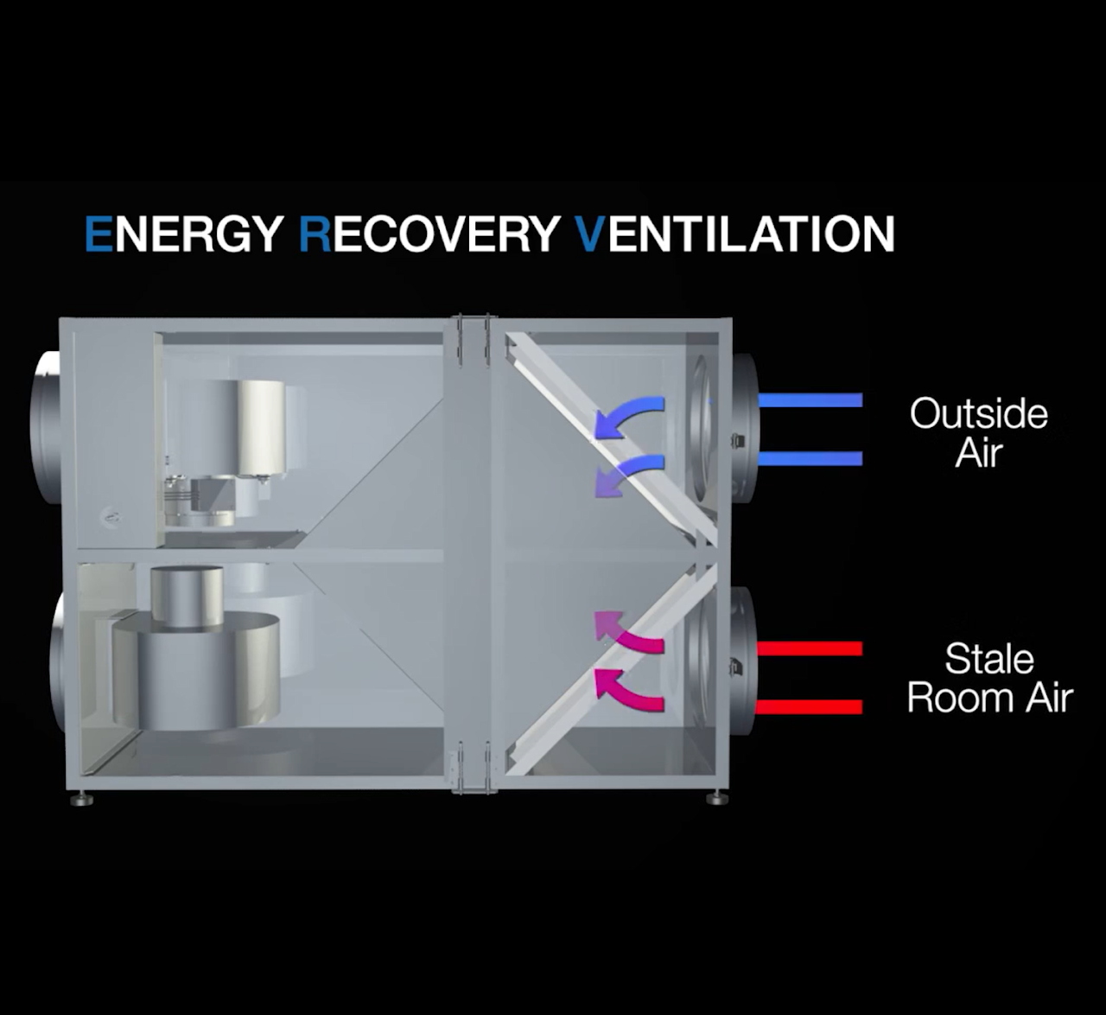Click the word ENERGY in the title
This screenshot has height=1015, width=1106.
[183, 233]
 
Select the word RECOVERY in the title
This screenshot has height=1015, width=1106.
[428, 233]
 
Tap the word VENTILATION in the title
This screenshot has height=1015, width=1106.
[734, 233]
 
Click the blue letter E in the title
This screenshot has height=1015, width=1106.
[99, 233]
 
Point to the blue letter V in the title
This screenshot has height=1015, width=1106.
[589, 233]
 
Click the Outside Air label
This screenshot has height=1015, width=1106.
[978, 432]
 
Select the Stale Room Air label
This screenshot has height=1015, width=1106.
[989, 678]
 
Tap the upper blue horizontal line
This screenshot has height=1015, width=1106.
[810, 400]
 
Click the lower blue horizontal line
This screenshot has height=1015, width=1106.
[810, 458]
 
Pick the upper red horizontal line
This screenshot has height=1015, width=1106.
[810, 648]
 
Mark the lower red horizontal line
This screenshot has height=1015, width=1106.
[810, 707]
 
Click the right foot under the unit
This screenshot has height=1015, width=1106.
[715, 797]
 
